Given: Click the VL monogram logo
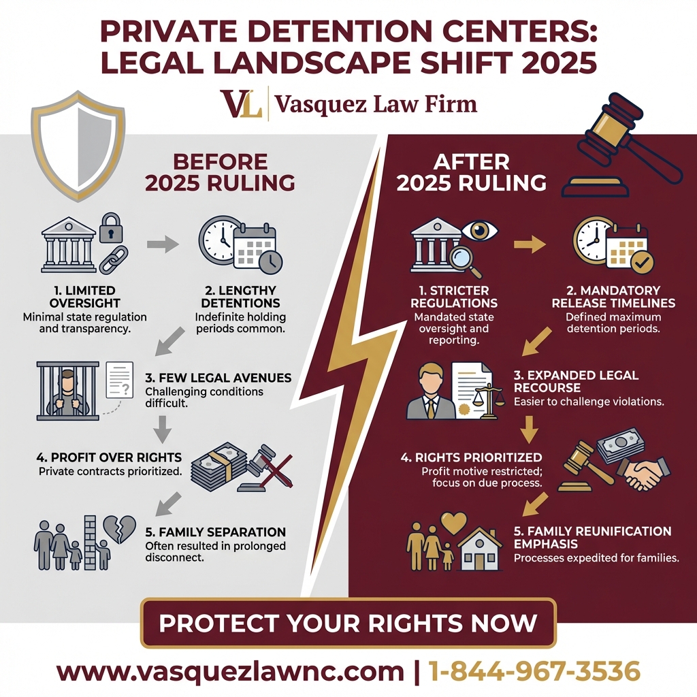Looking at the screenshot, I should point(242,104).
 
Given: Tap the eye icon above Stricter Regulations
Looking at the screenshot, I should point(481,230).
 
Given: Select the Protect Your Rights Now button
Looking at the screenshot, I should point(348,623).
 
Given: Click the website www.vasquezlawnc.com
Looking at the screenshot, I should point(230,670).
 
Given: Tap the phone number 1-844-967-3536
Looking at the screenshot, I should point(534,670).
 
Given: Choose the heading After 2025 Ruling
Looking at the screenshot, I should point(471,173).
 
